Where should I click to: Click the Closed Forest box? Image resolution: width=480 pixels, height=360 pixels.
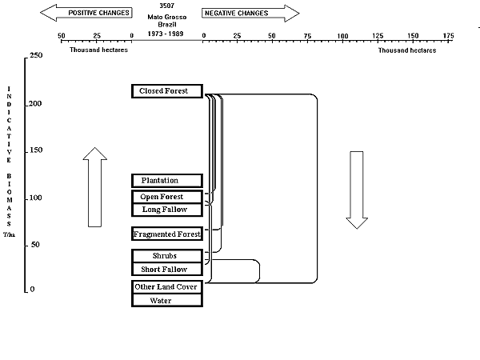167,91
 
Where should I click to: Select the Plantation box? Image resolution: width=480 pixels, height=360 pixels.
167,181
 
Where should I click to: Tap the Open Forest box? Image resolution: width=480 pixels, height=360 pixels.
167,197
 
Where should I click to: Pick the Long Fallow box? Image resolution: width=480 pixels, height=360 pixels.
167,210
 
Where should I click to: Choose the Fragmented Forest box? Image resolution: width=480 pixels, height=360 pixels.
167,234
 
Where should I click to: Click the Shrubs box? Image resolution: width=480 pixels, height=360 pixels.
167,256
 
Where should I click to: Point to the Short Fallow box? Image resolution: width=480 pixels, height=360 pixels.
167,270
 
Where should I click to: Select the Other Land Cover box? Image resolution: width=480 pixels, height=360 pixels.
167,287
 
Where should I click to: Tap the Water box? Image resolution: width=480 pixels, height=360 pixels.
167,301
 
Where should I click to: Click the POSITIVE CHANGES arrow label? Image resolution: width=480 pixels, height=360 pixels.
88,13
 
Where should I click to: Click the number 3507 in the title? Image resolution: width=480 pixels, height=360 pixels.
168,6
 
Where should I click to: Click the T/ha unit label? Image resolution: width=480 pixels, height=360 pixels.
8,236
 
